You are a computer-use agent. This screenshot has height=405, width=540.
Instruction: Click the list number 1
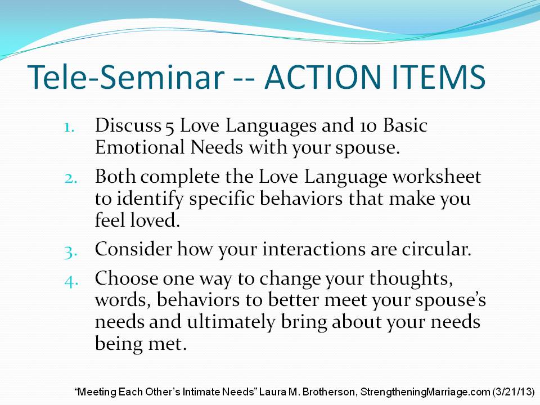point(69,128)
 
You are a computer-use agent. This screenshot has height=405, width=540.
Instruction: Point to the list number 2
point(70,179)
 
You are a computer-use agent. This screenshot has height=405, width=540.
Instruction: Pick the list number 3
point(70,252)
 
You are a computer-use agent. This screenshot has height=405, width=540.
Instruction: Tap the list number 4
point(71,281)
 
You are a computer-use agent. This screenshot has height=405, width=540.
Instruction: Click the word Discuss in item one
point(128,125)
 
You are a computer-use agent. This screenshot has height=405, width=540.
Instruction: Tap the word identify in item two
point(150,200)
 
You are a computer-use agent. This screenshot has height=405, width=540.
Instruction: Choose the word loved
point(155,220)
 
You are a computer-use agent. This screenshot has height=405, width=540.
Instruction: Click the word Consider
point(133,249)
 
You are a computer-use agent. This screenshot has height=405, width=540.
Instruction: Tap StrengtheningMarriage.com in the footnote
point(425,392)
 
